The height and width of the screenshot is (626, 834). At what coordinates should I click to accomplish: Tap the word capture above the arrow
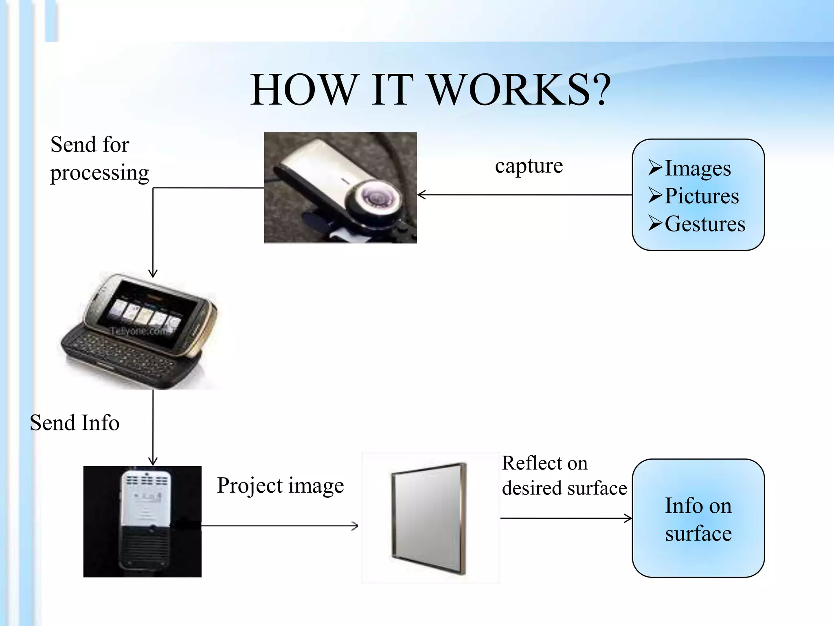click(x=529, y=165)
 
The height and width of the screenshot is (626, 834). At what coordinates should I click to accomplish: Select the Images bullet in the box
click(x=697, y=168)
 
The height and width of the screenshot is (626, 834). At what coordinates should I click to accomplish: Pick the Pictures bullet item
click(x=701, y=196)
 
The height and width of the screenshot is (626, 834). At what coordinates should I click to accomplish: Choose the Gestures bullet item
click(x=705, y=224)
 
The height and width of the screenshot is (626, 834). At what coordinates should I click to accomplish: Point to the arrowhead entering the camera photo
click(x=421, y=195)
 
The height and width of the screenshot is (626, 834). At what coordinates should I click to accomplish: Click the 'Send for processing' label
click(x=99, y=159)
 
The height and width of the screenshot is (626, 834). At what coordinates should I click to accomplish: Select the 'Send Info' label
click(x=75, y=423)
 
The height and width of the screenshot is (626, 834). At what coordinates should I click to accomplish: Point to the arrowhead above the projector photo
click(x=153, y=461)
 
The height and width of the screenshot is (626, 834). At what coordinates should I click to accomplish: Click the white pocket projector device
click(x=143, y=520)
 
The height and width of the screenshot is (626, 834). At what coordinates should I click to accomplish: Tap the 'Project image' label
click(x=280, y=485)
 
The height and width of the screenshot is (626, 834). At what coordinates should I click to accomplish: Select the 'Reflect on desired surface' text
click(x=564, y=476)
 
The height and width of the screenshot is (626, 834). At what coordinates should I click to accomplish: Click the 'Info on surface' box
click(x=698, y=518)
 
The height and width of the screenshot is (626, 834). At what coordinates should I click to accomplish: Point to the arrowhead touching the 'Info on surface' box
click(x=628, y=518)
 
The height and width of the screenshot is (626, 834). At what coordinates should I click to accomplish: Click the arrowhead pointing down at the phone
click(x=153, y=273)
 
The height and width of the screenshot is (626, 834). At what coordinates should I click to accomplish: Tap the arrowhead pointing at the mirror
click(x=355, y=526)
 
